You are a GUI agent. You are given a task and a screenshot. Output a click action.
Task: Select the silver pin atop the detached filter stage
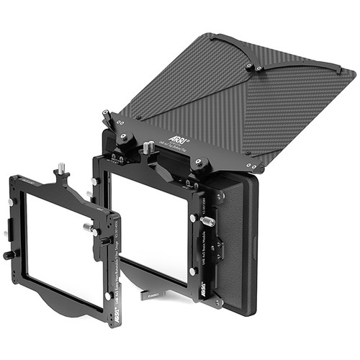[62, 168]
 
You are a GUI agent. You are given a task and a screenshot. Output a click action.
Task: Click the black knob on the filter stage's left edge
[9, 255]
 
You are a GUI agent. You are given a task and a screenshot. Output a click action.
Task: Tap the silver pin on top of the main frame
[148, 147]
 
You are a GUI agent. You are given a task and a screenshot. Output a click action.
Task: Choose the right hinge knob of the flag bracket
[201, 163]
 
